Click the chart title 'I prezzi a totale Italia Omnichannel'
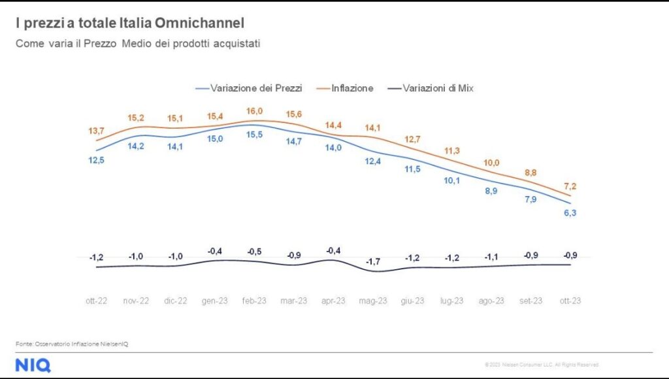point(129,24)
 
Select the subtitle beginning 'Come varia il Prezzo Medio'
point(138,44)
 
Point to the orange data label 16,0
point(255,110)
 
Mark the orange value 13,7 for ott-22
point(96,131)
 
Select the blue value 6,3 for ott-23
point(570,213)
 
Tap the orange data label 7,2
point(570,187)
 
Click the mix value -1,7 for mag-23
point(373,261)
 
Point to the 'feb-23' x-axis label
point(254,301)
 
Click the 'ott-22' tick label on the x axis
point(96,301)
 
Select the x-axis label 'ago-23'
point(491,301)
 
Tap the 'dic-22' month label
point(175,301)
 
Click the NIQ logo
point(33,365)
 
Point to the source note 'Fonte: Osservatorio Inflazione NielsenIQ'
point(72,344)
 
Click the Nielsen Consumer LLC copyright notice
point(541,365)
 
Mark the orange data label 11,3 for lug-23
point(452,152)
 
